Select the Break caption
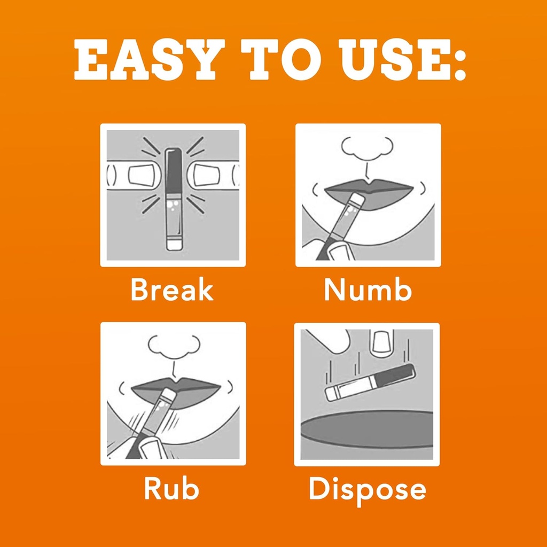point(172,289)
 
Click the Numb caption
point(368,289)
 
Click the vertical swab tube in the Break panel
point(174,199)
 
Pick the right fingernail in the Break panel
point(207,175)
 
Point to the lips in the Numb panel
point(369,194)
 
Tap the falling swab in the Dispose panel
point(370,383)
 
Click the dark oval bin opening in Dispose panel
point(367,429)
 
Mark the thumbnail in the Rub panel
point(151,449)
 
